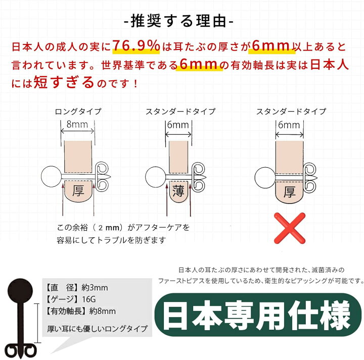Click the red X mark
290,228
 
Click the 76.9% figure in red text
136,45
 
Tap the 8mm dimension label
77,125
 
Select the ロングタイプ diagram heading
78,112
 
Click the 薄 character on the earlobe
178,191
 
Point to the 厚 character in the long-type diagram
78,190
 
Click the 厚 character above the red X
290,192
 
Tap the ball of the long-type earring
51,176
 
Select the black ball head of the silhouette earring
20,290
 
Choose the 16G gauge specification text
89,299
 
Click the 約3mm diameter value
95,288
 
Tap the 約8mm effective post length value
102,311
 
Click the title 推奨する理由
178,21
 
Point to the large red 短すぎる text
64,82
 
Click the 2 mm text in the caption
109,228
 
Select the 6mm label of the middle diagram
178,125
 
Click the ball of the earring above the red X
265,178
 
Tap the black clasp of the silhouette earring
20,350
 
